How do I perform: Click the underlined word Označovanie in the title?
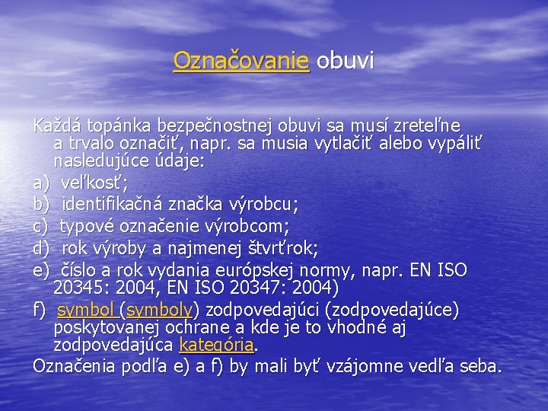(241, 61)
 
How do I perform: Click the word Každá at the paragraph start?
(57, 124)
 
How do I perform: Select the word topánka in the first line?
(119, 124)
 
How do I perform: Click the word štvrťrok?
(290, 247)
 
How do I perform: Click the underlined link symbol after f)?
(86, 311)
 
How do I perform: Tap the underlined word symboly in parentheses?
(160, 311)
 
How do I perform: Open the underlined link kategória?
(215, 345)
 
